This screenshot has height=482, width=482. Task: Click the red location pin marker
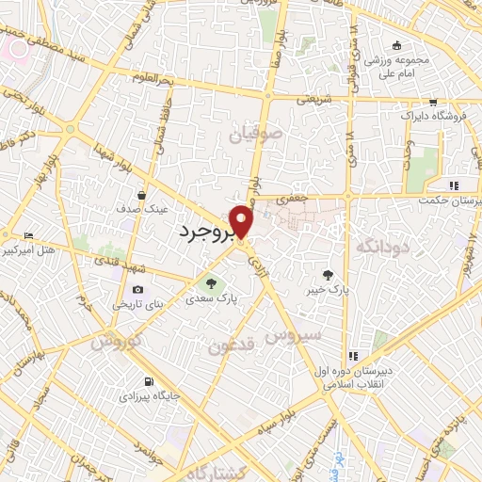242,220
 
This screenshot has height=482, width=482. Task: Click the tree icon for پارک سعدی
211,282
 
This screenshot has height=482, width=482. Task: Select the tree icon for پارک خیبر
328,275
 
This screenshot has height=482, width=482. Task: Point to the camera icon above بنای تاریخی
138,290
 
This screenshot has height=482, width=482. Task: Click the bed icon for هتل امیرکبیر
29,235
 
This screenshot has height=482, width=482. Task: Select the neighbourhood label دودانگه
382,246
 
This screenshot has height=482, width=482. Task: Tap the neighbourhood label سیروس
293,334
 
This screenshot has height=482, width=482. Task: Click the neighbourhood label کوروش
118,342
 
